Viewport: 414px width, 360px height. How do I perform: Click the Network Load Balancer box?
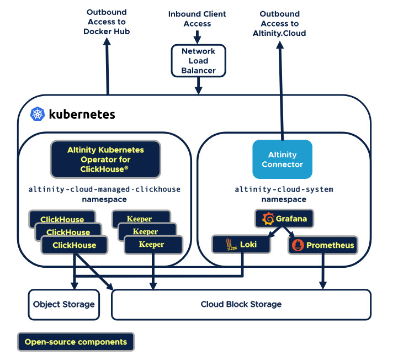pyautogui.click(x=198, y=61)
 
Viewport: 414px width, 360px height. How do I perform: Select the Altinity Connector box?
pyautogui.click(x=282, y=160)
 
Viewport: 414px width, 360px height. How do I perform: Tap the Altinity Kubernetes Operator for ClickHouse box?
pyautogui.click(x=105, y=159)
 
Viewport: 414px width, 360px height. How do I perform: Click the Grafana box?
pyautogui.click(x=284, y=219)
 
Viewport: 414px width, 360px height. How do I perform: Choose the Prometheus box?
pyautogui.click(x=322, y=245)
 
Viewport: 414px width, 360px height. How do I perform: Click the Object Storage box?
pyautogui.click(x=63, y=304)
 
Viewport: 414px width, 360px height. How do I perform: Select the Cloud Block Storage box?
pyautogui.click(x=241, y=304)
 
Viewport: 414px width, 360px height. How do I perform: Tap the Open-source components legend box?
pyautogui.click(x=76, y=342)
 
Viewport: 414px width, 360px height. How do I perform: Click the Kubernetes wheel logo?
pyautogui.click(x=38, y=114)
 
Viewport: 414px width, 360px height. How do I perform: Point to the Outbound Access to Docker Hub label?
pyautogui.click(x=107, y=23)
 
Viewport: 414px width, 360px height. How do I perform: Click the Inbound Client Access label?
pyautogui.click(x=198, y=18)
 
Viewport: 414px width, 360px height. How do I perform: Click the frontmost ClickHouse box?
pyautogui.click(x=74, y=245)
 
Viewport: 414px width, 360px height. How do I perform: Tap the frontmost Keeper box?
pyautogui.click(x=152, y=245)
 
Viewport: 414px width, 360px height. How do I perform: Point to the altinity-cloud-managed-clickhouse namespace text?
pyautogui.click(x=104, y=194)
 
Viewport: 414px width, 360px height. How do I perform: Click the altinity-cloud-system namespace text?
pyautogui.click(x=284, y=194)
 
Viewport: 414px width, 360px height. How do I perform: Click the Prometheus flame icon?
pyautogui.click(x=298, y=245)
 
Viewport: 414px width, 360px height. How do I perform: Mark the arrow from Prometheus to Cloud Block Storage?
pyautogui.click(x=322, y=271)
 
